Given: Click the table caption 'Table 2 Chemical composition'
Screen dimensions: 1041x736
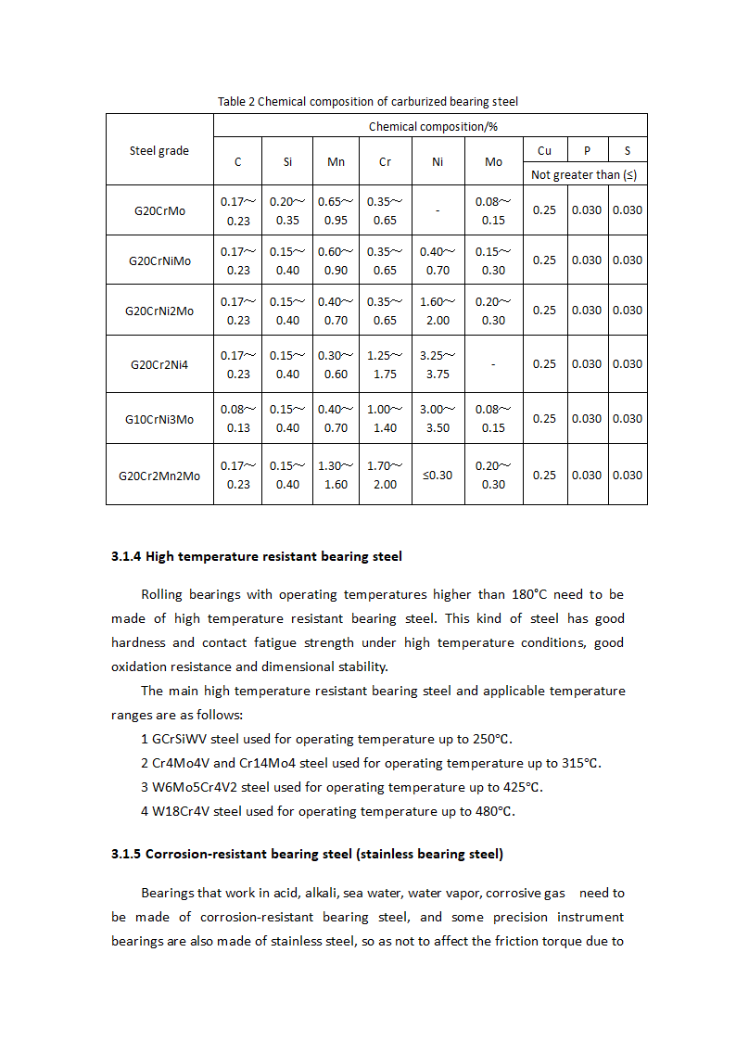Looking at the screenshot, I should [368, 101].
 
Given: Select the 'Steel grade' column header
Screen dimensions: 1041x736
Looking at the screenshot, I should [159, 150].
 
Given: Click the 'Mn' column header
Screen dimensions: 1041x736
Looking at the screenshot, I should [336, 161].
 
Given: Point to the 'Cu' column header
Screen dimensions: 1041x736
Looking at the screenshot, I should [544, 150].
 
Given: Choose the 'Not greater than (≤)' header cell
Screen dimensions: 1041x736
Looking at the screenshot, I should [583, 174].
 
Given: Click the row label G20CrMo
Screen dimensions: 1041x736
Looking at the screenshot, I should [159, 210].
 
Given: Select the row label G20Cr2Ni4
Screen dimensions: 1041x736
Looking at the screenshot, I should [159, 364].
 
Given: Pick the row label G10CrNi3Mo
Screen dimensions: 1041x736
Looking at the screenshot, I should [159, 419].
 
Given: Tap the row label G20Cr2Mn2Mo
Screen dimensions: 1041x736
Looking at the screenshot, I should [159, 476].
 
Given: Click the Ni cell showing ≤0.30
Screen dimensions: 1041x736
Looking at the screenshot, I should [438, 476].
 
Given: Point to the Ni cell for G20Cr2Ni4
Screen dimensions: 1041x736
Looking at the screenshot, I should [438, 364].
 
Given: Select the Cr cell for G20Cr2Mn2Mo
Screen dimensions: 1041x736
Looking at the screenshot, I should [385, 476].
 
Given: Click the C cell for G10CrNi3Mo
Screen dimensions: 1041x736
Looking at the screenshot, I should [238, 419].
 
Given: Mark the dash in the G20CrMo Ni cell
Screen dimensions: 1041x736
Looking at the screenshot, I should [438, 210].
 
